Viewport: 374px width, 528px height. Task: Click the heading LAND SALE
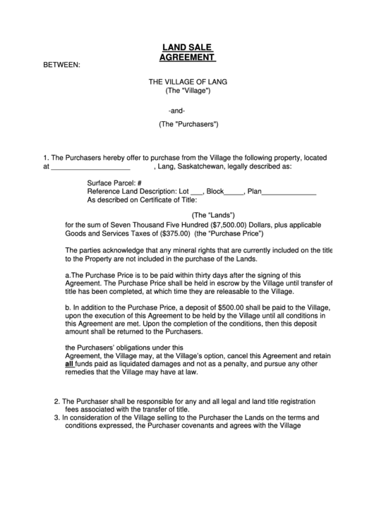187,47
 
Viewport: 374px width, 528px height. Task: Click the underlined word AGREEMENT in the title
187,57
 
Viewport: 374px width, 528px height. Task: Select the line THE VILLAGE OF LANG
187,82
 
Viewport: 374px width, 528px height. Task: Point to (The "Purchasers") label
188,124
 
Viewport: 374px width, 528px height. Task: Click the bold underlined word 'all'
69,364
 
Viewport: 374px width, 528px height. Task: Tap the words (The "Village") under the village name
187,91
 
